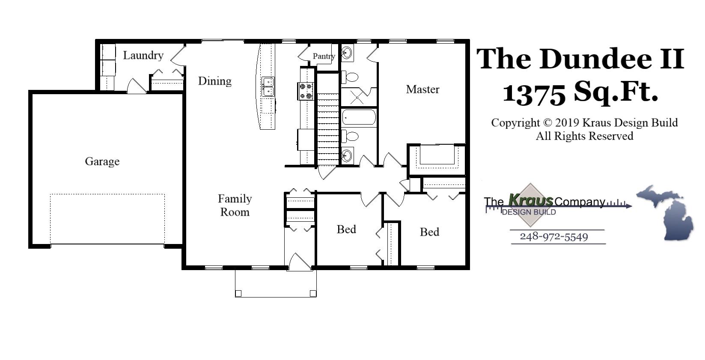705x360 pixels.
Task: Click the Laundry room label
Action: pos(143,56)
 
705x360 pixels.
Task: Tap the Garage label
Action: pos(102,161)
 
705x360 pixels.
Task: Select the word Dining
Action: pos(214,81)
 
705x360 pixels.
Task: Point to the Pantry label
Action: pos(323,56)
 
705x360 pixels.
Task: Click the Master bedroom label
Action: pos(422,89)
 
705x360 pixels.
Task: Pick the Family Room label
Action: pos(235,205)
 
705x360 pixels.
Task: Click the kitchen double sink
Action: pos(268,86)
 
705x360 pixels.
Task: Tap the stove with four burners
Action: pos(306,91)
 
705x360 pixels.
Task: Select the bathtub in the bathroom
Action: pos(359,117)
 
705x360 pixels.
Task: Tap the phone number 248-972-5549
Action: pos(553,237)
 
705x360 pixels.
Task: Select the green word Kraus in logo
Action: pos(531,200)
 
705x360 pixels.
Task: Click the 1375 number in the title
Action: pos(534,93)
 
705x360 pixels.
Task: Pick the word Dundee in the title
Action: pos(595,59)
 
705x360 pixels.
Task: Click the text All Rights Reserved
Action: pos(584,136)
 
